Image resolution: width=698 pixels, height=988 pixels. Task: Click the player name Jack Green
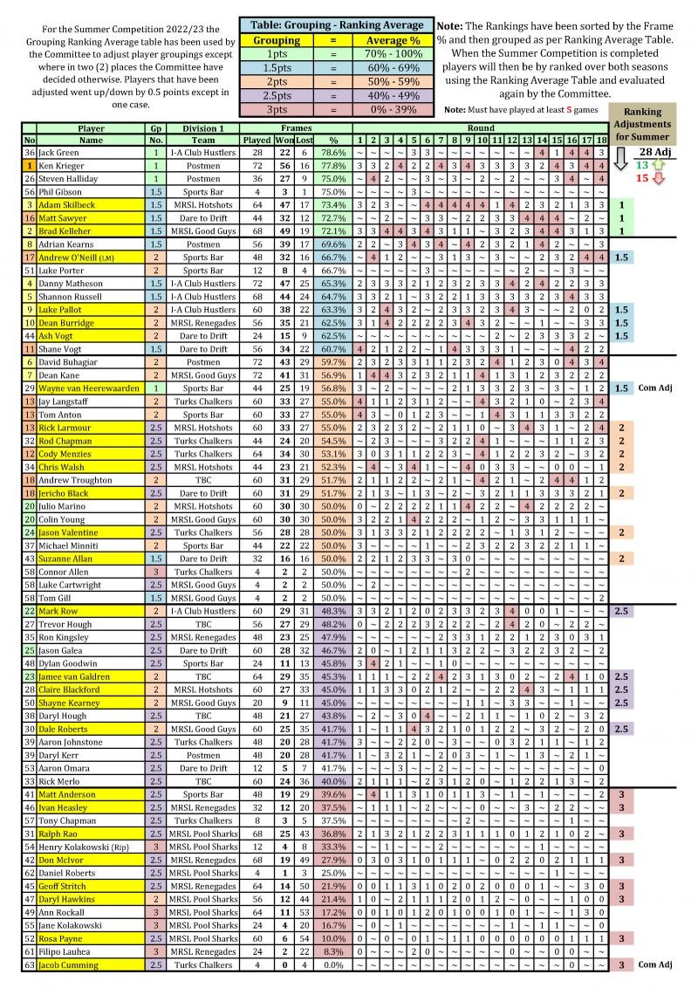pos(58,152)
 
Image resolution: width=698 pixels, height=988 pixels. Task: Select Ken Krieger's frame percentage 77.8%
pos(331,165)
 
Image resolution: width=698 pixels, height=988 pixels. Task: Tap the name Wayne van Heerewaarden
pos(88,388)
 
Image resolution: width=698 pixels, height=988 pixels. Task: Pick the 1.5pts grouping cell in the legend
pos(276,67)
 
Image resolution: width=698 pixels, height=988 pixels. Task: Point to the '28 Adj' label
pos(653,153)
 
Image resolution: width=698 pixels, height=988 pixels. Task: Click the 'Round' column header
pos(481,128)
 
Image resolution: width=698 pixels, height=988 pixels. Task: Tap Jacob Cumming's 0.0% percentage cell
pos(331,964)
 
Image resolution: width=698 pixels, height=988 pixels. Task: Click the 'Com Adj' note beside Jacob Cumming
pos(653,964)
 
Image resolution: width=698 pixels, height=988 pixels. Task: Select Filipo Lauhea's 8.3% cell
pos(331,951)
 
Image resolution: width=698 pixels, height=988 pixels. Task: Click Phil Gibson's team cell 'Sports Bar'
pos(203,191)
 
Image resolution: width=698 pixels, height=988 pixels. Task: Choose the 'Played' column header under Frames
pos(257,140)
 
